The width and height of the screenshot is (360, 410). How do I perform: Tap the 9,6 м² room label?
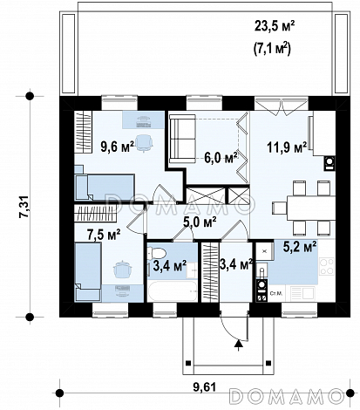[x=117, y=147]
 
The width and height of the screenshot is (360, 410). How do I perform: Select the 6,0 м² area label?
[x=221, y=158]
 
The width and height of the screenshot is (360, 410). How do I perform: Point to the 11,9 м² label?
[x=287, y=147]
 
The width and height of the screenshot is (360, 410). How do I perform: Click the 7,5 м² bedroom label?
[x=104, y=235]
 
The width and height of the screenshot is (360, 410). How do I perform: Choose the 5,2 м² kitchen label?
[x=300, y=247]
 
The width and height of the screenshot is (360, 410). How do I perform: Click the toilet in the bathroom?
[x=156, y=253]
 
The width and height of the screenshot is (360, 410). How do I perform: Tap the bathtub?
[x=173, y=290]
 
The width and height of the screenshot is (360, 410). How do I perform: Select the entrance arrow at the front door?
[x=239, y=345]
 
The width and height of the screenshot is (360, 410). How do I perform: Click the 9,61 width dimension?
[x=204, y=387]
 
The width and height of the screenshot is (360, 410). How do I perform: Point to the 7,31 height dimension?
[x=24, y=206]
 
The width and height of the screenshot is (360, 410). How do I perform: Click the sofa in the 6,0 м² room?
[x=182, y=139]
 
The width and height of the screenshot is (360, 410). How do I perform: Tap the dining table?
[x=311, y=208]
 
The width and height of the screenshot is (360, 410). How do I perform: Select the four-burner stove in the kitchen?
[x=327, y=267]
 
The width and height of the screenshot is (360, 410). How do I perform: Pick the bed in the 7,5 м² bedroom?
[x=88, y=272]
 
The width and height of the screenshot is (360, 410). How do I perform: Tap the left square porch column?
[x=188, y=363]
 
